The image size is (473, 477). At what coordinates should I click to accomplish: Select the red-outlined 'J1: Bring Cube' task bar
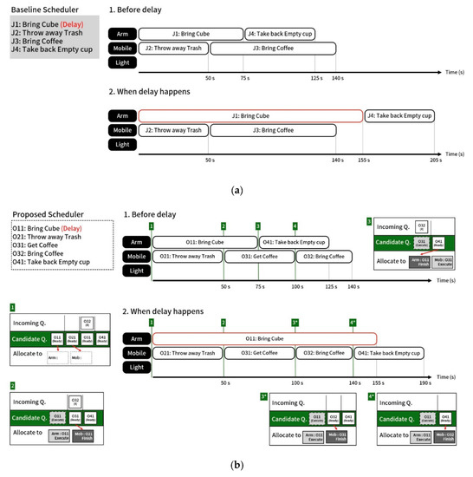250,115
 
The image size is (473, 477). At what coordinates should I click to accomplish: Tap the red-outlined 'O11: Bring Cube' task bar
265,337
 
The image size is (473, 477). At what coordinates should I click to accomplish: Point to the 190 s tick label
424,382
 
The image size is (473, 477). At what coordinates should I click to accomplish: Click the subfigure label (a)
236,187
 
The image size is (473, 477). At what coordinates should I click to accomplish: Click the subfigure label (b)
236,466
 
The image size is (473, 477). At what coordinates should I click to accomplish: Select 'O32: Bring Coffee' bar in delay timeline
321,353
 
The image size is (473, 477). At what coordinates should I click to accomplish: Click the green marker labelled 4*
353,323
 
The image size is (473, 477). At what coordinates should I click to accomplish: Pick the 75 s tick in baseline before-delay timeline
245,79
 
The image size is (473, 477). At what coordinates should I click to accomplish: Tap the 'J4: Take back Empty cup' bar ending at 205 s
398,115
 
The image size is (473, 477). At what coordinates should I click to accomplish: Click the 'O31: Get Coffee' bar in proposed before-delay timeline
259,257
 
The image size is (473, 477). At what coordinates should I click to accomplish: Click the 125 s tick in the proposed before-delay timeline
330,285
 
